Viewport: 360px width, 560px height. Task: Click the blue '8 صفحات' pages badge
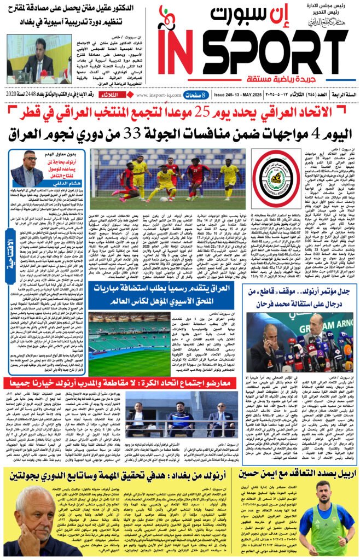click(x=196, y=95)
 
